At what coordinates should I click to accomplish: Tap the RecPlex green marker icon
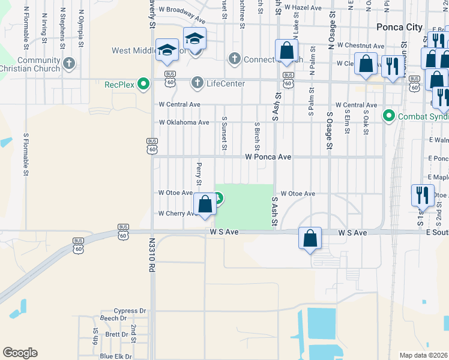[143, 83]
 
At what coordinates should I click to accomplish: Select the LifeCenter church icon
[196, 83]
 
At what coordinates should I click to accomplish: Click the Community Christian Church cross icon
[69, 62]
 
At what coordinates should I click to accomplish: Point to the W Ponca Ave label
[268, 157]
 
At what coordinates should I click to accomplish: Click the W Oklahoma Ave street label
[184, 122]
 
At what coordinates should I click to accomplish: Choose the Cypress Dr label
[130, 311]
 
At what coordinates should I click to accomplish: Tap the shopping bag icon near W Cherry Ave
[205, 203]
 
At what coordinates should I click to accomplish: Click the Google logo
[20, 353]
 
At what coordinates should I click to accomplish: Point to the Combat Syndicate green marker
[388, 115]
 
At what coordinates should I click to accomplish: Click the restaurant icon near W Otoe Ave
[421, 194]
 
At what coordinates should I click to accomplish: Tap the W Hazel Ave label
[303, 8]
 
